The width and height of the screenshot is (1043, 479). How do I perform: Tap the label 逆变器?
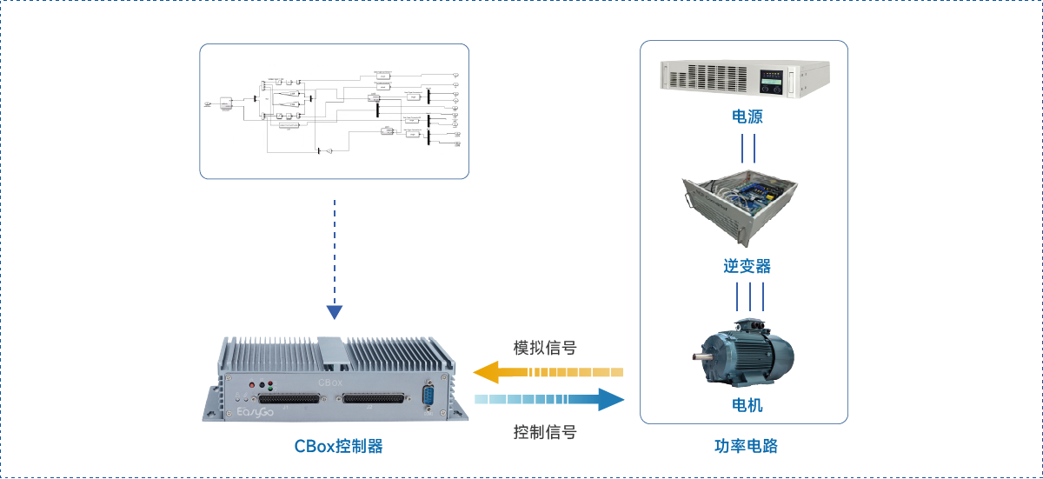click(x=747, y=266)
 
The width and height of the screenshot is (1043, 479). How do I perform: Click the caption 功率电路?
click(x=746, y=446)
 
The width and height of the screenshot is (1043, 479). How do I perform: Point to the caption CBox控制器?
click(x=338, y=446)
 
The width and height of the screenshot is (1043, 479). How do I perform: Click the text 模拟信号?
click(x=545, y=349)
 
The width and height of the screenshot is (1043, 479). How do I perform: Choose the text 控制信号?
click(x=545, y=431)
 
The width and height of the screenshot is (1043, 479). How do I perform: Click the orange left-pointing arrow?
click(x=548, y=372)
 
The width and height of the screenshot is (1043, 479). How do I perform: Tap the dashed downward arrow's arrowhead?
click(x=335, y=312)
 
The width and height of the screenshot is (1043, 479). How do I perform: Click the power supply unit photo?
click(x=746, y=78)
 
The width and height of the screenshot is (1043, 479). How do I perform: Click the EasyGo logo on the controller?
click(x=256, y=412)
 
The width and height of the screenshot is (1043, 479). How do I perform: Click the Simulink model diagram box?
click(x=335, y=111)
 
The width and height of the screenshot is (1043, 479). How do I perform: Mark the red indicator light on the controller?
click(x=252, y=384)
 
